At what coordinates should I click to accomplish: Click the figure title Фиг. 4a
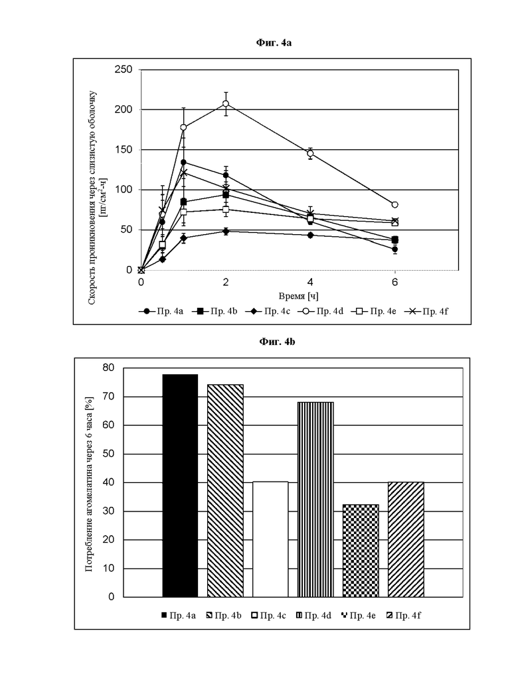(274, 42)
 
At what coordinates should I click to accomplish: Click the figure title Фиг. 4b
(277, 342)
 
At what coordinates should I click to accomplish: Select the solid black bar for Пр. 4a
(180, 486)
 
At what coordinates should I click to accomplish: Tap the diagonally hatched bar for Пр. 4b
(225, 491)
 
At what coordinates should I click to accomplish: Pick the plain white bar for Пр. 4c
(270, 539)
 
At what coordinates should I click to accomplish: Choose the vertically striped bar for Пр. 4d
(315, 500)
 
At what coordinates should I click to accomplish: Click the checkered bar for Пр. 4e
(361, 551)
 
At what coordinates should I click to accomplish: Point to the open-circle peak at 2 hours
(226, 103)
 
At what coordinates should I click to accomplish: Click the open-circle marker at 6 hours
(395, 204)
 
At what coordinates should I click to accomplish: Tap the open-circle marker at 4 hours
(310, 153)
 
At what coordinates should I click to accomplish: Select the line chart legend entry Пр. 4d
(321, 311)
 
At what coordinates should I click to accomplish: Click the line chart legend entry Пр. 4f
(426, 311)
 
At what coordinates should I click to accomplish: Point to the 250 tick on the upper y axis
(124, 70)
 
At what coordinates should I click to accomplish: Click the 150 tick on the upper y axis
(124, 150)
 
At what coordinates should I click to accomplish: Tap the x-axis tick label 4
(310, 282)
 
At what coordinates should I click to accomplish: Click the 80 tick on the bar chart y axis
(109, 368)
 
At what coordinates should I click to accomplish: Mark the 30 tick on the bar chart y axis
(109, 511)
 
